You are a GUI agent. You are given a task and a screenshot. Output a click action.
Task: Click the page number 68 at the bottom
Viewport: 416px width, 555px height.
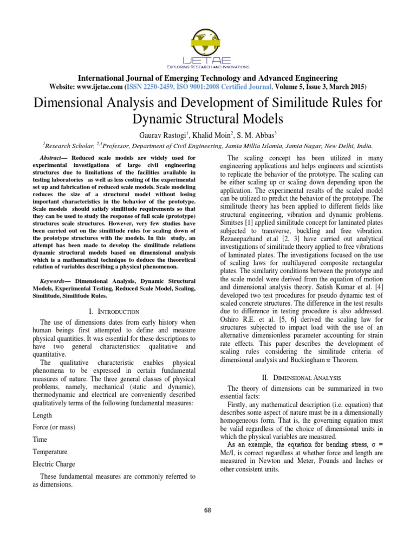coord(208,510)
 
